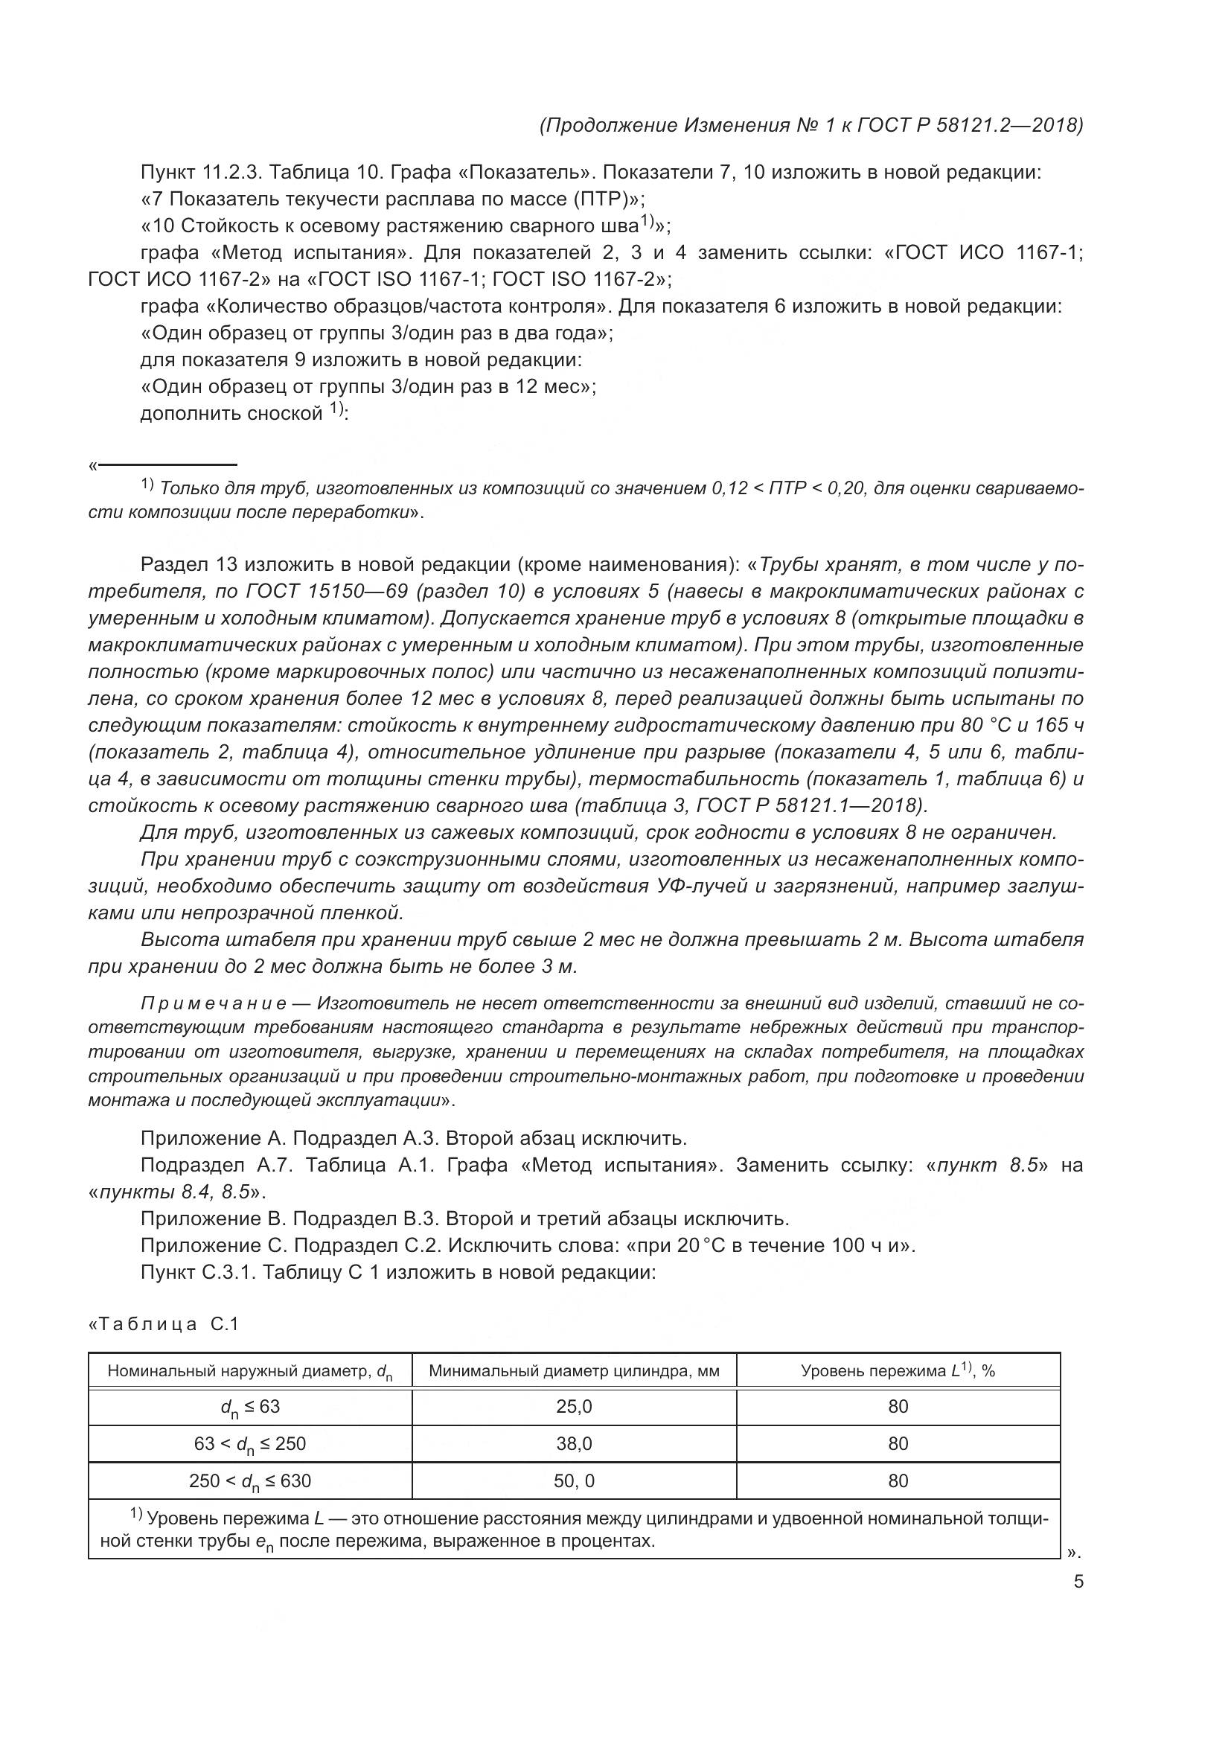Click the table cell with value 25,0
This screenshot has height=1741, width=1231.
point(574,1407)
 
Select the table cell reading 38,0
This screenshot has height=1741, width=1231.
point(574,1444)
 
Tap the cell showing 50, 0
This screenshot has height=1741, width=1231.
point(574,1481)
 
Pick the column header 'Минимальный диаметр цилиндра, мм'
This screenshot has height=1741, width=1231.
point(574,1371)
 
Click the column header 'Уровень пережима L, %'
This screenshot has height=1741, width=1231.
point(898,1371)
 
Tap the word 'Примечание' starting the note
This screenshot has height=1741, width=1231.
point(213,1004)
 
